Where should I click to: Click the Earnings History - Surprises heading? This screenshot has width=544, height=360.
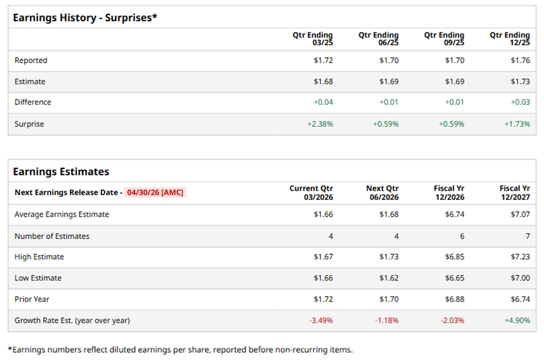[x=85, y=17]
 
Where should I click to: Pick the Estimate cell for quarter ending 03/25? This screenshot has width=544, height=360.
[x=323, y=81]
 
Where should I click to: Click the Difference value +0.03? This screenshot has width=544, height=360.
[x=520, y=102]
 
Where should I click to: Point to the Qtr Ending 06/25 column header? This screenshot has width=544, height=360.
[x=379, y=39]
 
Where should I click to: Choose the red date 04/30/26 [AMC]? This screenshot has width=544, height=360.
[x=155, y=193]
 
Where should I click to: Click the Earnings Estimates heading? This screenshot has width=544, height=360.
[x=61, y=172]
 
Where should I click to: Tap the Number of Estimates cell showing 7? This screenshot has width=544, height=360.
[x=527, y=236]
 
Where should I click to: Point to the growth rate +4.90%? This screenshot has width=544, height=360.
[x=518, y=320]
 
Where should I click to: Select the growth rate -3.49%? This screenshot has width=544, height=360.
[x=321, y=320]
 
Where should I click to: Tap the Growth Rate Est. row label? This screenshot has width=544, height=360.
[x=72, y=320]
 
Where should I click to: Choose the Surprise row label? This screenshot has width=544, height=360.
[x=29, y=124]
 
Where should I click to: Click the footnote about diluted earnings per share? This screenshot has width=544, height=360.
[x=180, y=349]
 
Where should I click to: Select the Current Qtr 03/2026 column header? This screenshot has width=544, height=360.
[x=311, y=193]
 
